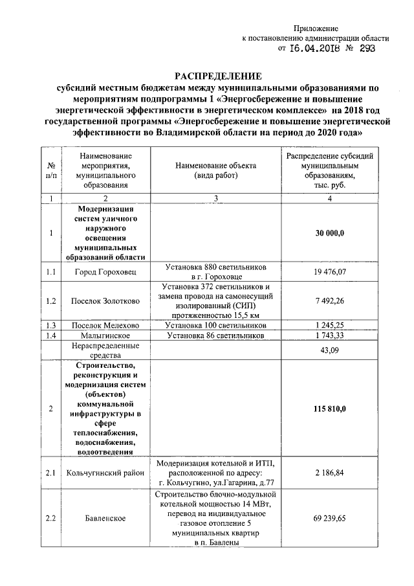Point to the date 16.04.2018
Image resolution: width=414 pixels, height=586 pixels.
click(315, 48)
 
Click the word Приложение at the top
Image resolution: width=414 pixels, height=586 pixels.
click(317, 28)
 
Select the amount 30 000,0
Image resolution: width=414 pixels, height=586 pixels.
click(330, 233)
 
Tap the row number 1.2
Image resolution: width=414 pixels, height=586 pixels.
click(50, 301)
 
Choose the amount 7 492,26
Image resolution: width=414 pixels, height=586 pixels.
click(330, 301)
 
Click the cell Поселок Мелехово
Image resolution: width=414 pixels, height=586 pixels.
click(105, 324)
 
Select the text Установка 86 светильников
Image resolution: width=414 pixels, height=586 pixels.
click(215, 336)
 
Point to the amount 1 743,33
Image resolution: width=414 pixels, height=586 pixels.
click(330, 336)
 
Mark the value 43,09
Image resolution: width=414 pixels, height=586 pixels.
click(330, 350)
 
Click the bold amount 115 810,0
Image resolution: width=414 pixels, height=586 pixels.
click(330, 409)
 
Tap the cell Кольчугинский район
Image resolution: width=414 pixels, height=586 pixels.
click(105, 473)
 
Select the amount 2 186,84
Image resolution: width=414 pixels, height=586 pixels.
click(330, 473)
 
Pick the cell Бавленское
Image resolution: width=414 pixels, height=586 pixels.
click(105, 518)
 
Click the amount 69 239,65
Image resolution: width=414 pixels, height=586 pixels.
click(330, 518)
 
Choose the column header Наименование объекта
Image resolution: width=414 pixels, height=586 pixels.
click(215, 166)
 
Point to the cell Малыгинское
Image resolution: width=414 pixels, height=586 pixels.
click(105, 336)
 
